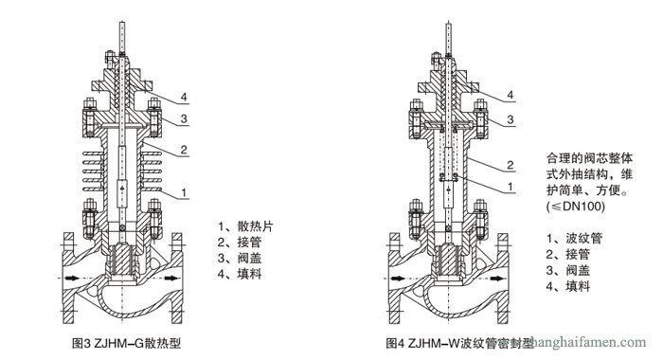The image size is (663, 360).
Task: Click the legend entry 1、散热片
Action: coord(248,227)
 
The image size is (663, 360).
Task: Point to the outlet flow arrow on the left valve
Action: coord(170,280)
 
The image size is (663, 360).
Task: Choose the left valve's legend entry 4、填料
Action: coord(242,274)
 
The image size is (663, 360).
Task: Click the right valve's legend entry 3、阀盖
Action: coord(569,271)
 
